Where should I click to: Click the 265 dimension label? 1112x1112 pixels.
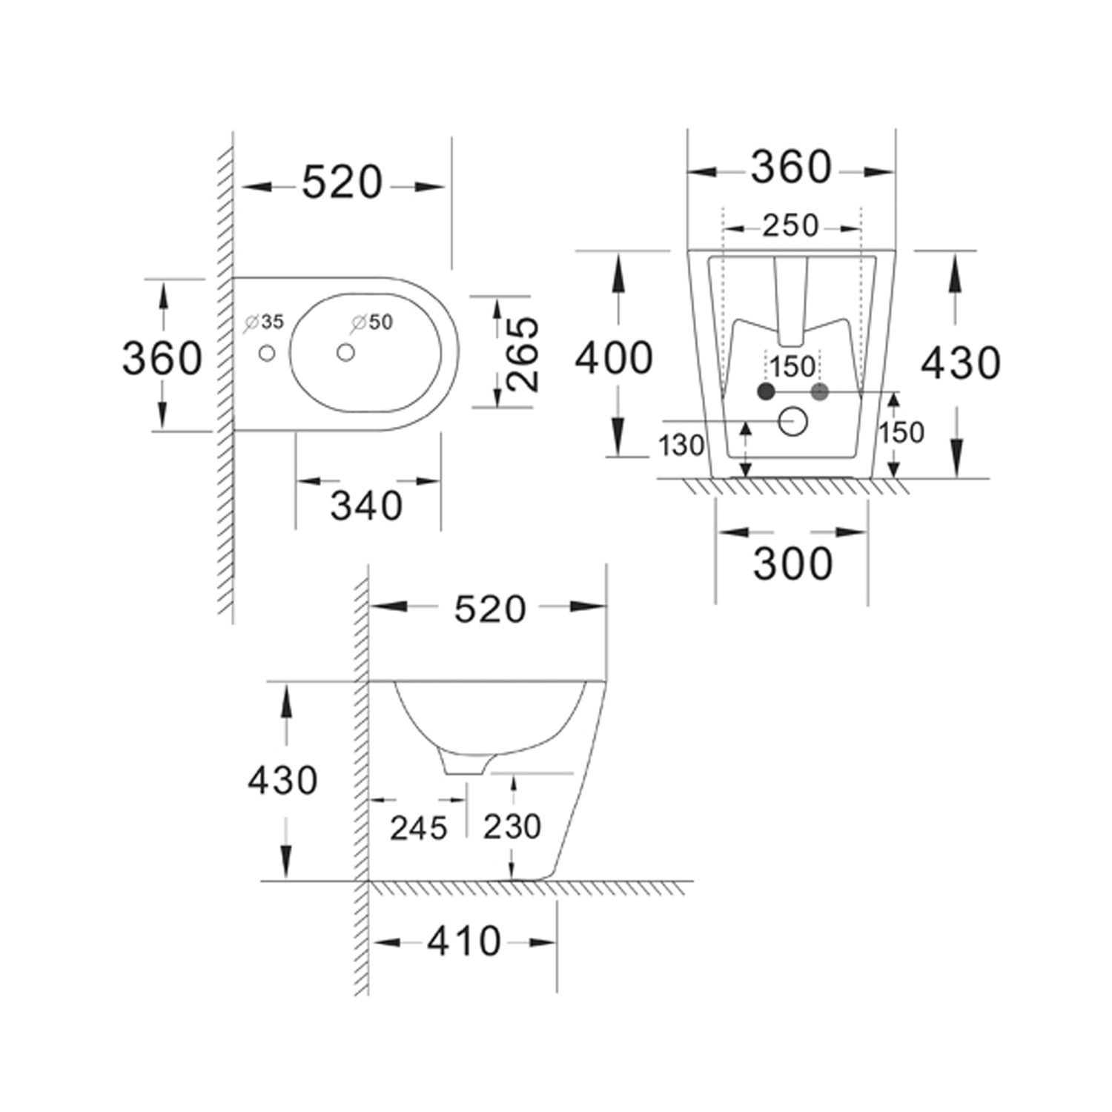[523, 354]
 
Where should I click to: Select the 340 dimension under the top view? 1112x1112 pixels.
[366, 506]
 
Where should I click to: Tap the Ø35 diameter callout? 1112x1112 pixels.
[265, 322]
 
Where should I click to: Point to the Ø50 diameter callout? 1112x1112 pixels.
[373, 322]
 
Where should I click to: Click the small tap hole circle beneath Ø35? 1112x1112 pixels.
[267, 354]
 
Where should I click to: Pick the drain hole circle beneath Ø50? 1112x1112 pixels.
[345, 353]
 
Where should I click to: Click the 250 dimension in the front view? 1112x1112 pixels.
[790, 225]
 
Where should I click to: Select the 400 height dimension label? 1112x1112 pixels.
[614, 358]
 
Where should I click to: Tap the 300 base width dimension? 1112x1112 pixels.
[792, 564]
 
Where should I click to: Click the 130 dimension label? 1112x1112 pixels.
[681, 446]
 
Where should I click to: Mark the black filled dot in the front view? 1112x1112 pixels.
[766, 391]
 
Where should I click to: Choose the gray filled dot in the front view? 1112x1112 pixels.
[819, 391]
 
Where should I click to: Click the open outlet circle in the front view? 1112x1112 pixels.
[792, 422]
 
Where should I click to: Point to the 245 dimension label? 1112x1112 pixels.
[419, 828]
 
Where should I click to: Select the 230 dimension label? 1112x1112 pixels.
[512, 827]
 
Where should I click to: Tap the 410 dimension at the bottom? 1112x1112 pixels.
[464, 941]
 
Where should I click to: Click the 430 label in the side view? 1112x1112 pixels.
[282, 781]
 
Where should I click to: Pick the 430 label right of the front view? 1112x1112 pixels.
[961, 363]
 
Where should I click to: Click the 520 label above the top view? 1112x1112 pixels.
[342, 182]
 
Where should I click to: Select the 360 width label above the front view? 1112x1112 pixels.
[791, 168]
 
